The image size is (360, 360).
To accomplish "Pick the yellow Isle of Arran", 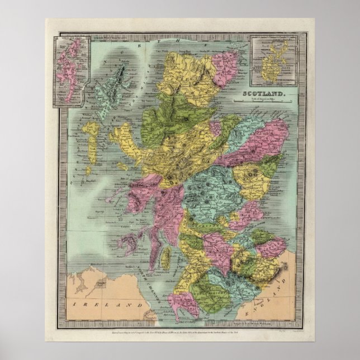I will tap(165, 257).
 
